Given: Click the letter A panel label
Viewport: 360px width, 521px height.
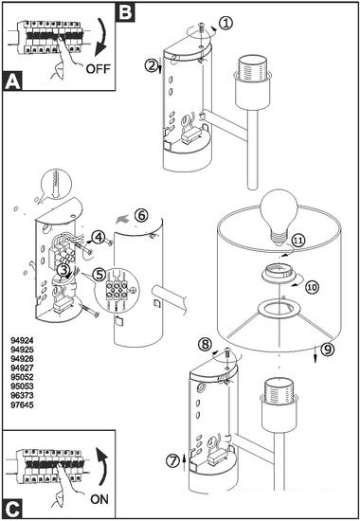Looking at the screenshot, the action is [x=12, y=81].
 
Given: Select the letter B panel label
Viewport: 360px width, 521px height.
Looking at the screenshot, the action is [x=125, y=12].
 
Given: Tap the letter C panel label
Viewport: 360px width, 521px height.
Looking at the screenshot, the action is [x=12, y=509].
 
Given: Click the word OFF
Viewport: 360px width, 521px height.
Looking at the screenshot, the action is [x=98, y=69].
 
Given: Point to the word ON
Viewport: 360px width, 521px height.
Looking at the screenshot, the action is [x=99, y=498].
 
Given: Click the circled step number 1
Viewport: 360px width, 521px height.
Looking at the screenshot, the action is [x=226, y=24].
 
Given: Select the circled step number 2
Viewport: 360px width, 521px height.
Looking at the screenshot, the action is [x=151, y=65].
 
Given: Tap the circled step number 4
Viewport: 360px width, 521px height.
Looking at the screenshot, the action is [x=99, y=237].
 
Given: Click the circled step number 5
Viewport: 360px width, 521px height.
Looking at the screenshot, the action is [x=99, y=275].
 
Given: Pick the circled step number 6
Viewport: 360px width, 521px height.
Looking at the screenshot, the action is [x=141, y=216].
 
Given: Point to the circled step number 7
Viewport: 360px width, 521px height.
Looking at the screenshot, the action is [x=172, y=462].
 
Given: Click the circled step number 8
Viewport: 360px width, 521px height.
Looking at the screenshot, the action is [x=205, y=344].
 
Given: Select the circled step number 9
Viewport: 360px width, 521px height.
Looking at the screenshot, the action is [x=328, y=349].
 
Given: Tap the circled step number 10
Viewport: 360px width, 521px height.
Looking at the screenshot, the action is [x=312, y=287].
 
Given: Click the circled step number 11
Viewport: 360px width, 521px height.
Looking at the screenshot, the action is [x=298, y=241].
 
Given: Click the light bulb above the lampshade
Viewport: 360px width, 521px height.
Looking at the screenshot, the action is [x=279, y=216].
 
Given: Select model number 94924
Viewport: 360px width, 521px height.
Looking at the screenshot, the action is [x=23, y=340].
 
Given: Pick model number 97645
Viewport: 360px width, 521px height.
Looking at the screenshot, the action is [x=23, y=404].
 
